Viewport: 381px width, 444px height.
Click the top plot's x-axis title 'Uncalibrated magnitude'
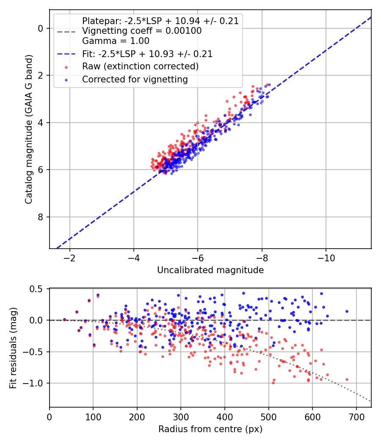[210, 270]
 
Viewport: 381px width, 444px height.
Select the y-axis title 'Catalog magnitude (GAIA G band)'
[29, 129]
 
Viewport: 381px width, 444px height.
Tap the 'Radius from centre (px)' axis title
[210, 429]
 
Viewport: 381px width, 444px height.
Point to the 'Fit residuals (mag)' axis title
[13, 348]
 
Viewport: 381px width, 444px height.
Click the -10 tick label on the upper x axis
[326, 258]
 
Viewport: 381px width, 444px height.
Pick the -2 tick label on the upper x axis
[70, 258]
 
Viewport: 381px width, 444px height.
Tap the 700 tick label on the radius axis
[356, 417]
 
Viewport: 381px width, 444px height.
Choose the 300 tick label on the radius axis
[181, 417]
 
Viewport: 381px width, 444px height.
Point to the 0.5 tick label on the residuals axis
[36, 289]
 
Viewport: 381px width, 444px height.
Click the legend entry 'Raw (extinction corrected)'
[140, 66]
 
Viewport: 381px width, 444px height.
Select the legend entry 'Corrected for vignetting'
[135, 79]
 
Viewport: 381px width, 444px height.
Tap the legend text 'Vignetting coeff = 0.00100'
[142, 30]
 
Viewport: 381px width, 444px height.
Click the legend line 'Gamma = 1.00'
[116, 41]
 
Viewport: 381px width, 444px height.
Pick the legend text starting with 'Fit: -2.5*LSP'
[147, 54]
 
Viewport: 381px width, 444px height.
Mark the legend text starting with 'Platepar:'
[160, 21]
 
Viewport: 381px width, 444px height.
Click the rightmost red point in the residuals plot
[347, 379]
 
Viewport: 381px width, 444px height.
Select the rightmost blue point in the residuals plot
[347, 312]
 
